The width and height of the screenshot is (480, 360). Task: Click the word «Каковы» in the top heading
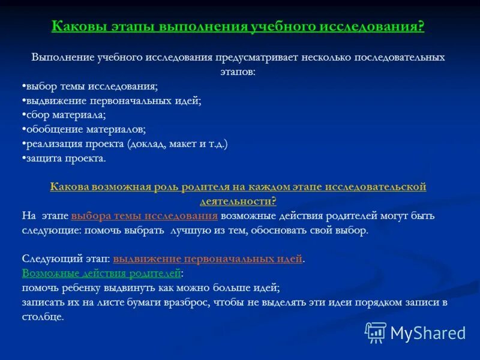[x=79, y=26]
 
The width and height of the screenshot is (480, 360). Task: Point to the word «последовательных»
[x=400, y=58]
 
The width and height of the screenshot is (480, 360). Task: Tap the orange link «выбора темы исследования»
[x=144, y=215]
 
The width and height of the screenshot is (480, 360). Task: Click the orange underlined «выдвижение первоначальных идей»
[x=208, y=259]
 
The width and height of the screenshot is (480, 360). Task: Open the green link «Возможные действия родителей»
[x=101, y=274]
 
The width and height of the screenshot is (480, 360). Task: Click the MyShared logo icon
[x=376, y=332]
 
